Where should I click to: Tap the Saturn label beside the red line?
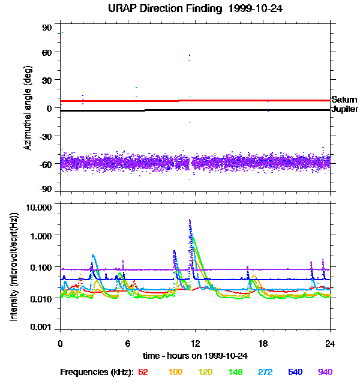tap(344, 100)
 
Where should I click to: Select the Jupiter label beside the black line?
tap(344, 110)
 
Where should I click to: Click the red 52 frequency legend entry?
tap(143, 373)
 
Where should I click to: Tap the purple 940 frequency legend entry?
tap(325, 373)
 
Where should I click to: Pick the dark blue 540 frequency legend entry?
tap(295, 373)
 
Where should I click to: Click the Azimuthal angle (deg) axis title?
tap(28, 108)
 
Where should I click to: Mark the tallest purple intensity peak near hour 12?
tap(190, 221)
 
